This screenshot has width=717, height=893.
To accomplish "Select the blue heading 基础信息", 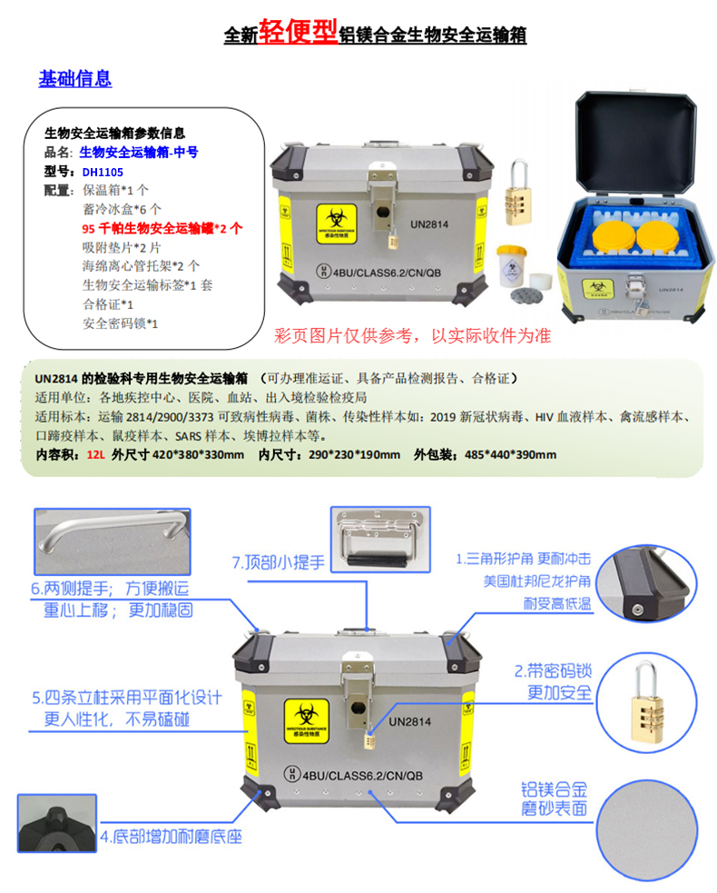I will (x=74, y=78).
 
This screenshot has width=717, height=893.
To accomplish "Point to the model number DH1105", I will (x=102, y=170).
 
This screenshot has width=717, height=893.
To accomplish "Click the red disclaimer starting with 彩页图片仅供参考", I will (x=412, y=335).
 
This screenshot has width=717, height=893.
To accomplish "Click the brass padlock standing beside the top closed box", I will (x=520, y=188).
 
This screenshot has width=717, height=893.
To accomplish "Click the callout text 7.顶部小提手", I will (x=278, y=561).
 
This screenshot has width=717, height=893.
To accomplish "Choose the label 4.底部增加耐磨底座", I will (x=171, y=836).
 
